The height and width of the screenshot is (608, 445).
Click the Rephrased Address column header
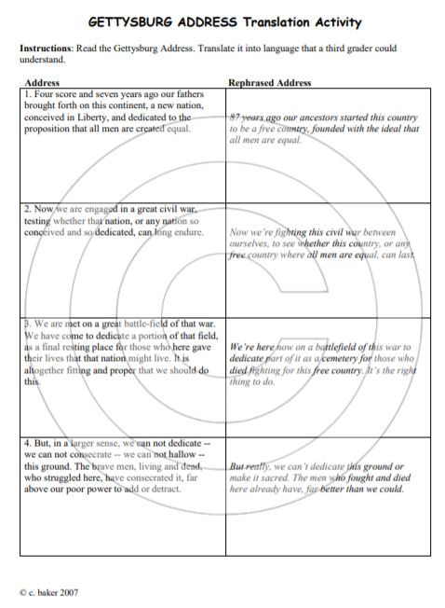pos(270,83)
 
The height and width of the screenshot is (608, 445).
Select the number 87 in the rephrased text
pos(235,118)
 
